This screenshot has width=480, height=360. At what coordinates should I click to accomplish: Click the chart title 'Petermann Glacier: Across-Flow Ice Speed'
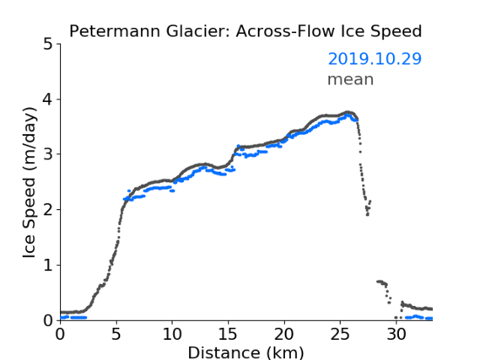point(245,31)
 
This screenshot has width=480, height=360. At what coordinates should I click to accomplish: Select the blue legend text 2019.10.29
point(375,59)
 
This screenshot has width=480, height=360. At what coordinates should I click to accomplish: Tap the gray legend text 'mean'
point(351,79)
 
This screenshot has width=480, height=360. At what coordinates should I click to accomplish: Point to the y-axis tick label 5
point(48,45)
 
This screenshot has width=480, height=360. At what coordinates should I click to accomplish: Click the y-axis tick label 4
point(48,99)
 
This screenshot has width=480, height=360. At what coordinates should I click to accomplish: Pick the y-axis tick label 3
point(48,154)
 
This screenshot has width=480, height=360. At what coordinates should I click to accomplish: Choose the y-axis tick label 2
point(48,210)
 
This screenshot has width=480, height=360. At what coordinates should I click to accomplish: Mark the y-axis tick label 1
point(48,265)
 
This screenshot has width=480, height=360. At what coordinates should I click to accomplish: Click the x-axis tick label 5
point(116,335)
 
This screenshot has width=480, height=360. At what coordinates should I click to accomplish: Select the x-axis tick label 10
point(172,335)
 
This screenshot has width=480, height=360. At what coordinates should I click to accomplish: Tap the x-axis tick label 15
point(228,335)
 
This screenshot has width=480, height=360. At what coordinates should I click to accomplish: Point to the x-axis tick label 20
point(284,335)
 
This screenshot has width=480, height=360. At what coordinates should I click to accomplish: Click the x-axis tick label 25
point(340,335)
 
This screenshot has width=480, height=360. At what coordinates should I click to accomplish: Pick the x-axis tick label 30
point(396,335)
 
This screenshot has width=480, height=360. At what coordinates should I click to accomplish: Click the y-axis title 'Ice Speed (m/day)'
point(30,183)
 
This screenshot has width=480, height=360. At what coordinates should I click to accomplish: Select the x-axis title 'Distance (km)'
point(245,352)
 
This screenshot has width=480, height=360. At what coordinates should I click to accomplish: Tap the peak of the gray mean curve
point(348,112)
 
